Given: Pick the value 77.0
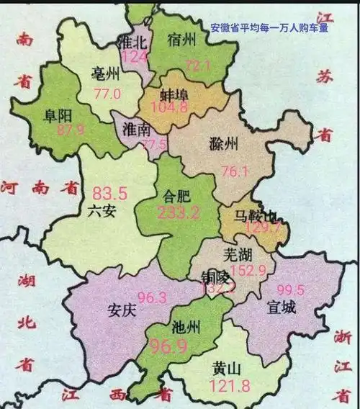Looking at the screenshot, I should (107, 93).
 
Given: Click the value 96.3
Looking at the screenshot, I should (147, 297).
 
